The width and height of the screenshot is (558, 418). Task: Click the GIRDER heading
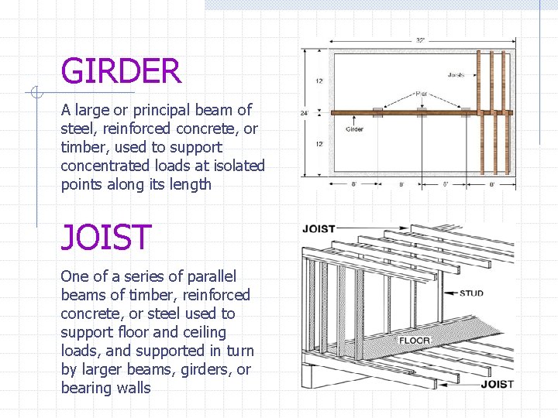click(121, 71)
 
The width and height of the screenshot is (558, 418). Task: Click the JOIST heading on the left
click(105, 237)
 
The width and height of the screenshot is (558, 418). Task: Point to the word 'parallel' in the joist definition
click(212, 276)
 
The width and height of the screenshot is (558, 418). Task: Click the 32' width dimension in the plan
click(419, 39)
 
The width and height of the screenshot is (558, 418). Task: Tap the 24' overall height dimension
click(305, 113)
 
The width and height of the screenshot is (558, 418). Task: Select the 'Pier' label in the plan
click(421, 94)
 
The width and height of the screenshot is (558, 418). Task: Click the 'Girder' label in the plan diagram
click(354, 129)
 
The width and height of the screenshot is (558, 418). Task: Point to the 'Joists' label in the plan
click(456, 75)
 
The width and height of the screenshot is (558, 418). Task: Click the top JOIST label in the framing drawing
click(318, 229)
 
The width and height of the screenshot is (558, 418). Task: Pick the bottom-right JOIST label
click(497, 384)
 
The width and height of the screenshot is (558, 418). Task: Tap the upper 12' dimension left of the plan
click(319, 81)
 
